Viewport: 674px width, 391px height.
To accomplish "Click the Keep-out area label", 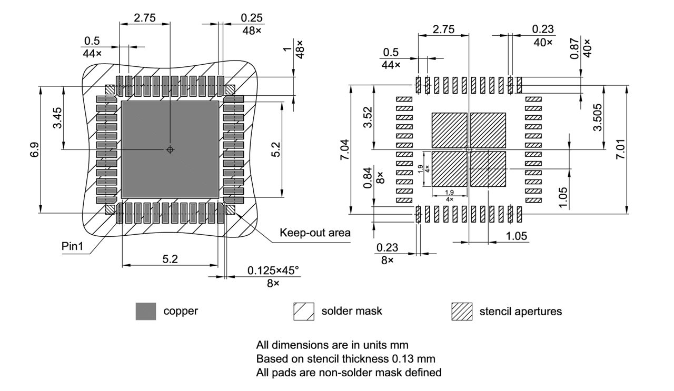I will [x=315, y=233].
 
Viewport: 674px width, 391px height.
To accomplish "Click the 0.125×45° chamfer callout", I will [x=273, y=270].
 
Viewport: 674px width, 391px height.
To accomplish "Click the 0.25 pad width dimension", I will [x=252, y=17].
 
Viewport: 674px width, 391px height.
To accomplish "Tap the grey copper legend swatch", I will [x=145, y=311].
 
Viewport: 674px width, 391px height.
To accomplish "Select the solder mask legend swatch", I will [x=303, y=311].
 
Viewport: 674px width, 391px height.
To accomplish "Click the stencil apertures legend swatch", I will [x=462, y=311].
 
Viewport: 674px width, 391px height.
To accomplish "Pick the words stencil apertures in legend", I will [x=520, y=311].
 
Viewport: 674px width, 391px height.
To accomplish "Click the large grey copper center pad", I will [x=170, y=150].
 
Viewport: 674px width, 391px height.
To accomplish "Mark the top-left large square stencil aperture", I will [x=449, y=130].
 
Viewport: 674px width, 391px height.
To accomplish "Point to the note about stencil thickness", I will [x=346, y=359].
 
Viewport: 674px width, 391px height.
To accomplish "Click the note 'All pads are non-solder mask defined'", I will [x=349, y=373].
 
